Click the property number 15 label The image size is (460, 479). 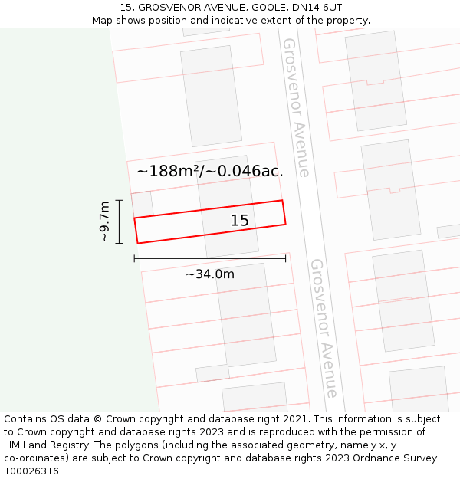(240, 221)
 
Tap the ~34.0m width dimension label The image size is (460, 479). (209, 274)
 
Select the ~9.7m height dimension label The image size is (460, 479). (105, 221)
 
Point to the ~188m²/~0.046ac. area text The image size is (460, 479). (209, 172)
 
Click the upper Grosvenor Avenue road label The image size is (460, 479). (296, 107)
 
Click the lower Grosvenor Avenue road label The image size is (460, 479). (324, 328)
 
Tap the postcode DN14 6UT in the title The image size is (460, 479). (316, 7)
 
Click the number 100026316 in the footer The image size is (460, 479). (31, 471)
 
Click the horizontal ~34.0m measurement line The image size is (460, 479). (209, 259)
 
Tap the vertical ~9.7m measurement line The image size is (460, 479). (120, 221)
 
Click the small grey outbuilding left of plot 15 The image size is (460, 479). (142, 205)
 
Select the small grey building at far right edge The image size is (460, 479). (449, 231)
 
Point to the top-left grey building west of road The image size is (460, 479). (211, 96)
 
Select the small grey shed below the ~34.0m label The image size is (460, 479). (212, 373)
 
